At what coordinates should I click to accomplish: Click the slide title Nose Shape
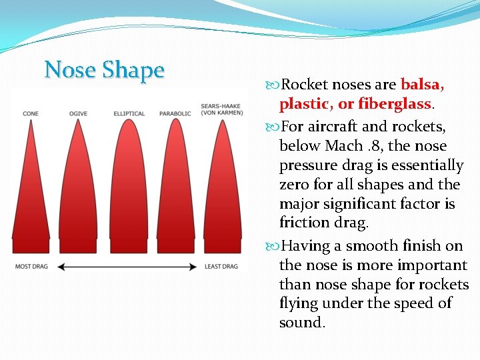point(104,70)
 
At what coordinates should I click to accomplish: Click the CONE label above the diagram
point(31,114)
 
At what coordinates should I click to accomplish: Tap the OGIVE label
point(78,114)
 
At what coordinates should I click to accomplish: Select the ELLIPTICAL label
point(129,114)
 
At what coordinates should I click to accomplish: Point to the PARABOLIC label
point(175,114)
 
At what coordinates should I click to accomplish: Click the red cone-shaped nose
point(31,200)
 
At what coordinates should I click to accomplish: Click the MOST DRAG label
point(32,267)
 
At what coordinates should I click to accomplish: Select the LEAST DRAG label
point(221,267)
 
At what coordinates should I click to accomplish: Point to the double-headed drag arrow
point(127,267)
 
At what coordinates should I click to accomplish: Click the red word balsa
point(422,85)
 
